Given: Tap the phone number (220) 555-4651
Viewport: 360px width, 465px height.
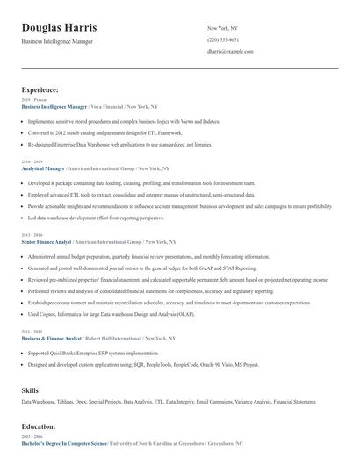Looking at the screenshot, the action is pyautogui.click(x=222, y=40).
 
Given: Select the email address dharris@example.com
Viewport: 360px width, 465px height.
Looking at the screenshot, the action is pyautogui.click(x=230, y=53).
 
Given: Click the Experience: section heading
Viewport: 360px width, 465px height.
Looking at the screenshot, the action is pyautogui.click(x=40, y=89).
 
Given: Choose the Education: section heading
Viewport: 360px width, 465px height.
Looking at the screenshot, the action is pyautogui.click(x=40, y=426).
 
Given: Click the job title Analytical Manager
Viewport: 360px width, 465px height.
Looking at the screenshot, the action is pyautogui.click(x=44, y=168).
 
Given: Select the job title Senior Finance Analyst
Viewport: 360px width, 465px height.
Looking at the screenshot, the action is pyautogui.click(x=47, y=240).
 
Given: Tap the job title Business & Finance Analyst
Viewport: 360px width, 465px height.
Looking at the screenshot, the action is pyautogui.click(x=51, y=337).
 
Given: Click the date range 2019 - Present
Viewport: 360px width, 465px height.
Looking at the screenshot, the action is pyautogui.click(x=32, y=100).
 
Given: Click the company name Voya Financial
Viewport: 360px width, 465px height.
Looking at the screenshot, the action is pyautogui.click(x=98, y=106).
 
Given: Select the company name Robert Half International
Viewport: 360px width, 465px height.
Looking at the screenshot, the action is pyautogui.click(x=113, y=337).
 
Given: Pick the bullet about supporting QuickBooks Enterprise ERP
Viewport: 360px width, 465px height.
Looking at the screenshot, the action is pyautogui.click(x=97, y=353).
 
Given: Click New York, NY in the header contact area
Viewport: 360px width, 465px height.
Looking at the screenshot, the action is pyautogui.click(x=223, y=28).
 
